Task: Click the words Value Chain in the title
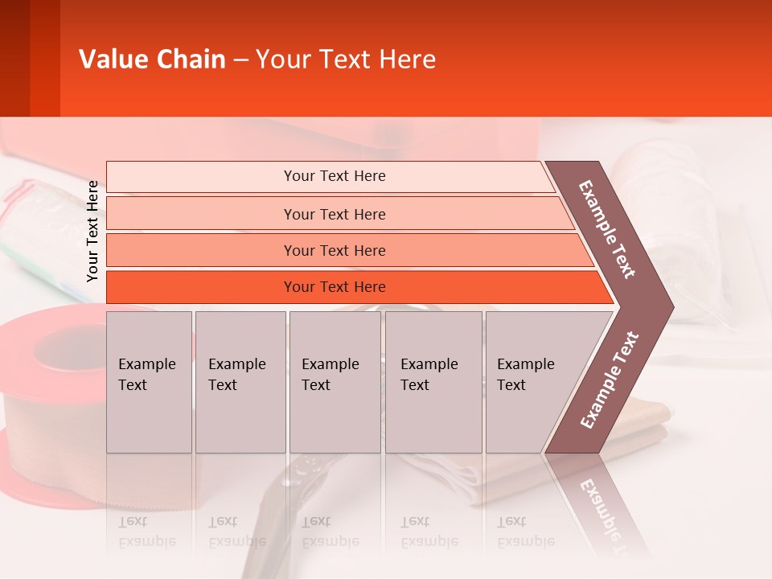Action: coord(152,60)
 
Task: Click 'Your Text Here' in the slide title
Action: coord(346,60)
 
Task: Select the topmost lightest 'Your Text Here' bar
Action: coord(334,176)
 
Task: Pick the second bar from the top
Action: coord(334,214)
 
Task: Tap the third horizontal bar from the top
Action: coord(334,250)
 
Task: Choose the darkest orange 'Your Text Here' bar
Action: coord(334,287)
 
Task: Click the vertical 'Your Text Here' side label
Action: coord(92,231)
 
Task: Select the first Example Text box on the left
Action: coord(149,382)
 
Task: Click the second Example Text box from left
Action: coord(240,382)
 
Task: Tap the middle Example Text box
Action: coord(335,382)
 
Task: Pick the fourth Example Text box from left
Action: coord(433,382)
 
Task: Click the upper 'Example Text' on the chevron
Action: coord(607,229)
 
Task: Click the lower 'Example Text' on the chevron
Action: coord(609,380)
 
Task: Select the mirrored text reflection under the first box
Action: coord(146,531)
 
